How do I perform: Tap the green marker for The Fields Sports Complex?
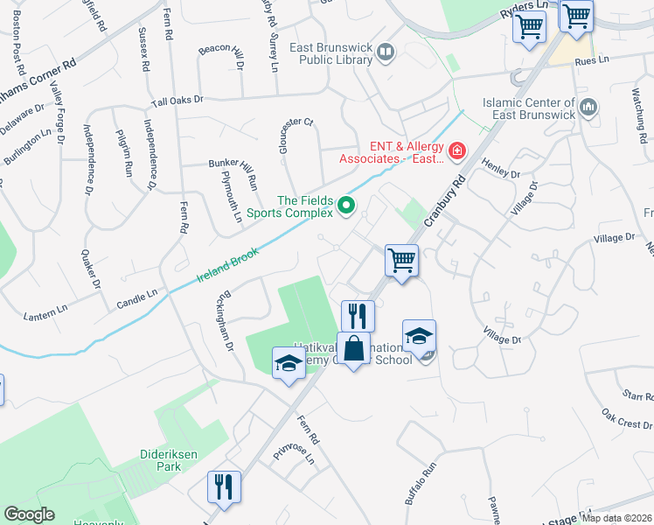346,206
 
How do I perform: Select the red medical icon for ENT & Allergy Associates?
456,153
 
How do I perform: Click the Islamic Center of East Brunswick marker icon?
588,108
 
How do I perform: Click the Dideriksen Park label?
148,459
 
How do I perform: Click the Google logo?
29,514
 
